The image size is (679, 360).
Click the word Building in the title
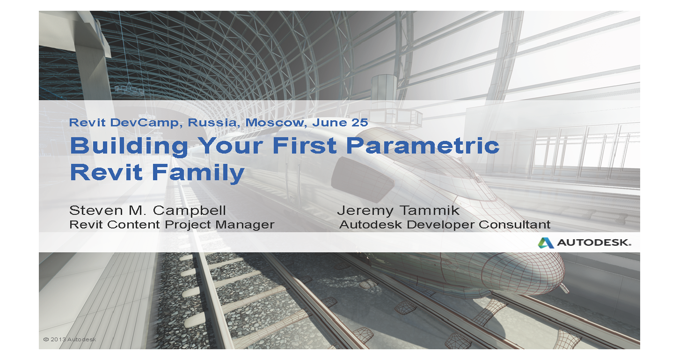128,146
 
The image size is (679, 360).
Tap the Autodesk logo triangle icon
546,242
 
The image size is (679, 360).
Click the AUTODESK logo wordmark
593,243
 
